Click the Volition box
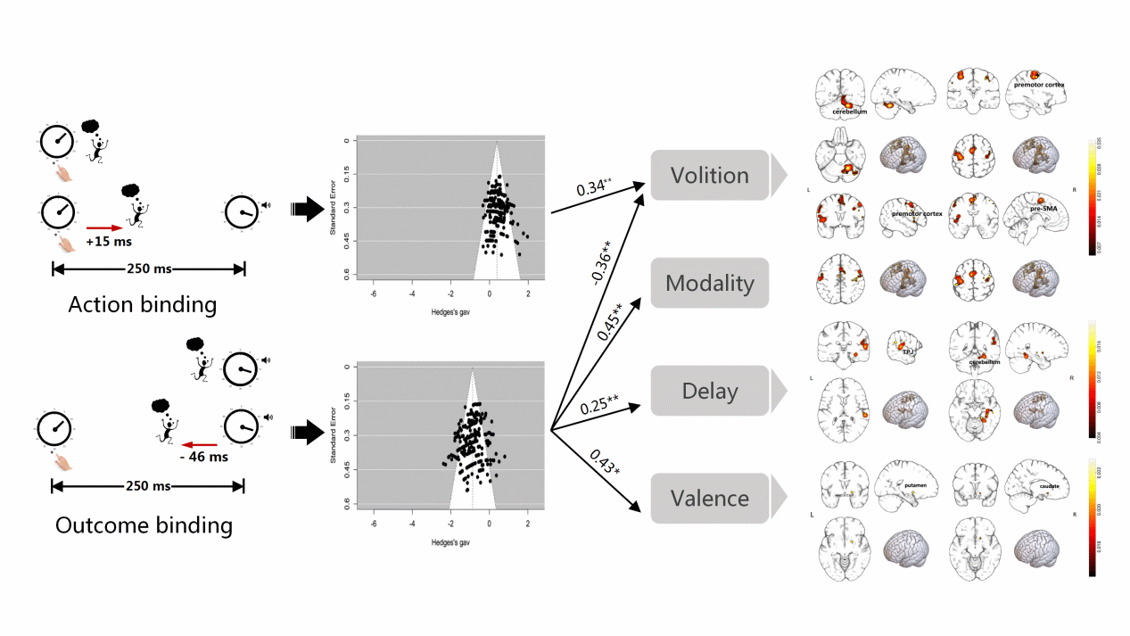tap(709, 175)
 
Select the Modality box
tap(709, 284)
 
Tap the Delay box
tap(709, 391)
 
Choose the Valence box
tap(709, 498)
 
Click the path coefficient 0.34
tap(593, 188)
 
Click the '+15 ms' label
tap(107, 242)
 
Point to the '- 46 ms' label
tap(203, 457)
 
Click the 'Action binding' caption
tap(143, 304)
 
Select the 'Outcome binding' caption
tap(144, 525)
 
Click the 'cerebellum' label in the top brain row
tap(849, 112)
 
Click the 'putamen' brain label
tap(915, 486)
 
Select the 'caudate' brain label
tap(1049, 486)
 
